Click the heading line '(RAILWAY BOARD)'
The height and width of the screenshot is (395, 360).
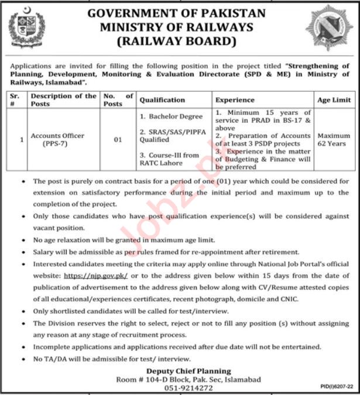[x=176, y=42]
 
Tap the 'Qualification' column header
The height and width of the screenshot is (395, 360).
[x=162, y=100]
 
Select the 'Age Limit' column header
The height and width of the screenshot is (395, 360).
[x=334, y=100]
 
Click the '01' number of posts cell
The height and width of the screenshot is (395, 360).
[x=117, y=139]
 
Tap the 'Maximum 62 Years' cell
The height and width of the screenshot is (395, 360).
[x=334, y=139]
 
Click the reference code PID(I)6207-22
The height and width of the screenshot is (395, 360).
[x=337, y=387]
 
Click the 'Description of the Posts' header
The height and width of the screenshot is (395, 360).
[x=63, y=99]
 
